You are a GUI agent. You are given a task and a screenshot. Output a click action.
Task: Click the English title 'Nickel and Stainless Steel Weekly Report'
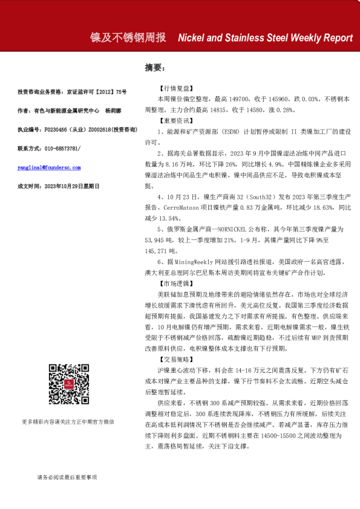(x=265, y=37)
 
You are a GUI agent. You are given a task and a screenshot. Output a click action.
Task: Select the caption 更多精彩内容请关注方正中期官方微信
(x=67, y=421)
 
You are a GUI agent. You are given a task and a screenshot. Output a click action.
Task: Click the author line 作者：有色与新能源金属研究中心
(x=59, y=111)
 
